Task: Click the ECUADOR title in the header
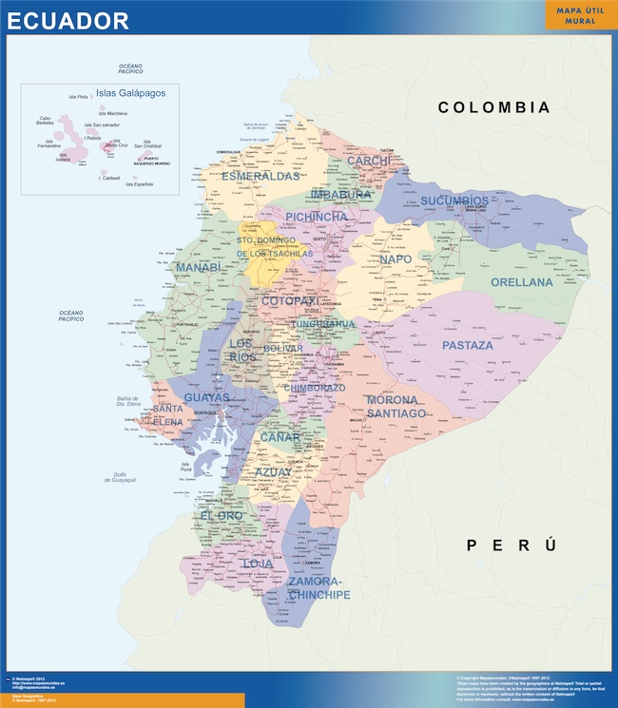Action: [68, 21]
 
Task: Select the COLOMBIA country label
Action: [493, 107]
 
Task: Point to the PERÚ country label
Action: [511, 545]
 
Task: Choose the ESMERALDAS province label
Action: [261, 176]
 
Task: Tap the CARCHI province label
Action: [368, 162]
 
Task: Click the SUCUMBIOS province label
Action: [454, 201]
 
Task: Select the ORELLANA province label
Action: [521, 282]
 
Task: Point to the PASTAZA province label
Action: [468, 345]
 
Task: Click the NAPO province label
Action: [396, 259]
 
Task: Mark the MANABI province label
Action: [198, 268]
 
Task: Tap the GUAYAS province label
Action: [206, 397]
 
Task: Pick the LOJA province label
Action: [258, 564]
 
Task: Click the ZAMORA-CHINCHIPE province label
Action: [319, 587]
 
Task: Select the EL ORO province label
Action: [222, 515]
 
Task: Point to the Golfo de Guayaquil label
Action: [120, 477]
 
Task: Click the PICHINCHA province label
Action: [317, 217]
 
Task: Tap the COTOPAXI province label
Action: [289, 300]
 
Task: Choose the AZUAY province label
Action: [274, 471]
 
